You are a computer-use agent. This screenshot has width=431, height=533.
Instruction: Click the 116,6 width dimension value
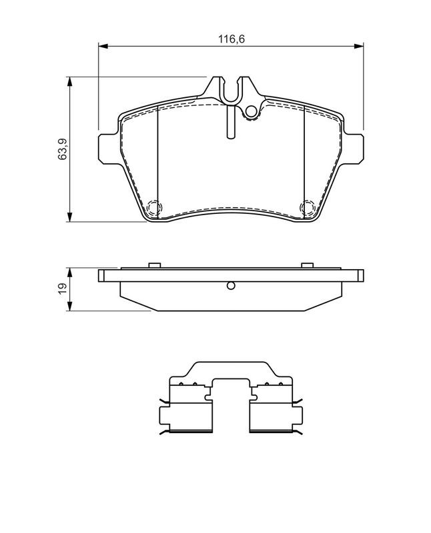tap(232, 39)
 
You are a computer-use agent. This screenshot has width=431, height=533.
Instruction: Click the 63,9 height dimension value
tap(63, 149)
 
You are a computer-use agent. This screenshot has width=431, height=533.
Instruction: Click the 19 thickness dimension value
tap(63, 289)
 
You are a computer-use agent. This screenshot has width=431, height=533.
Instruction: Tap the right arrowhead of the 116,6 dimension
tap(359, 46)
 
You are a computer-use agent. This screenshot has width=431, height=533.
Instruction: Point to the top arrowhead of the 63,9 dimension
tap(69, 81)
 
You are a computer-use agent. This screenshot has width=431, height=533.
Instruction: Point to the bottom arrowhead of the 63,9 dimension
tap(69, 218)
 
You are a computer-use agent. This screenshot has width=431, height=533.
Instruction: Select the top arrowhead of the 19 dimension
tap(69, 272)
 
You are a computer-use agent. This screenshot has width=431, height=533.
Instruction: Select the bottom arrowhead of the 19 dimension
tap(69, 306)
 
